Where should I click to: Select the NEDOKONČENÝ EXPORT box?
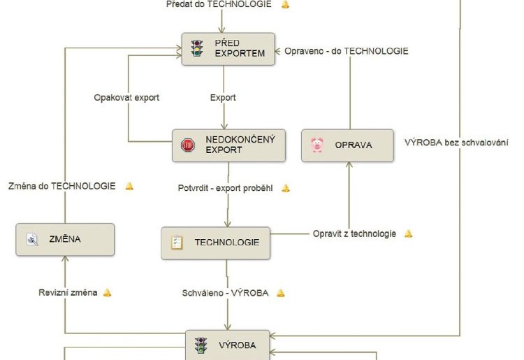coord(229,145)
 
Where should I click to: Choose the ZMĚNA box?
coord(64,240)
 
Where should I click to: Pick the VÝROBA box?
coord(227,345)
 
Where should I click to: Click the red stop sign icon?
coord(188,145)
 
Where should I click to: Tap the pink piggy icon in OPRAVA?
coord(317,145)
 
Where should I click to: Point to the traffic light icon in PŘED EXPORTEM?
coord(197,49)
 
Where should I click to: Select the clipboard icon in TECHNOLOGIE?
coord(177,243)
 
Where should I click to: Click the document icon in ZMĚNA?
coord(32,240)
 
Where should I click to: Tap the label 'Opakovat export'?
coord(126,97)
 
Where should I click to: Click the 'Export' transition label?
coord(223,97)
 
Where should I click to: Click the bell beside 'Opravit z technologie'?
coord(409,233)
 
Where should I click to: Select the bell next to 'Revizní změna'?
coord(108,292)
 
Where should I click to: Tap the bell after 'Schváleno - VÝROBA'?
coord(281,293)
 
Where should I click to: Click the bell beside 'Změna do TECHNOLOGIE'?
coord(129,186)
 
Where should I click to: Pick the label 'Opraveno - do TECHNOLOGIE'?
coord(347,51)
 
